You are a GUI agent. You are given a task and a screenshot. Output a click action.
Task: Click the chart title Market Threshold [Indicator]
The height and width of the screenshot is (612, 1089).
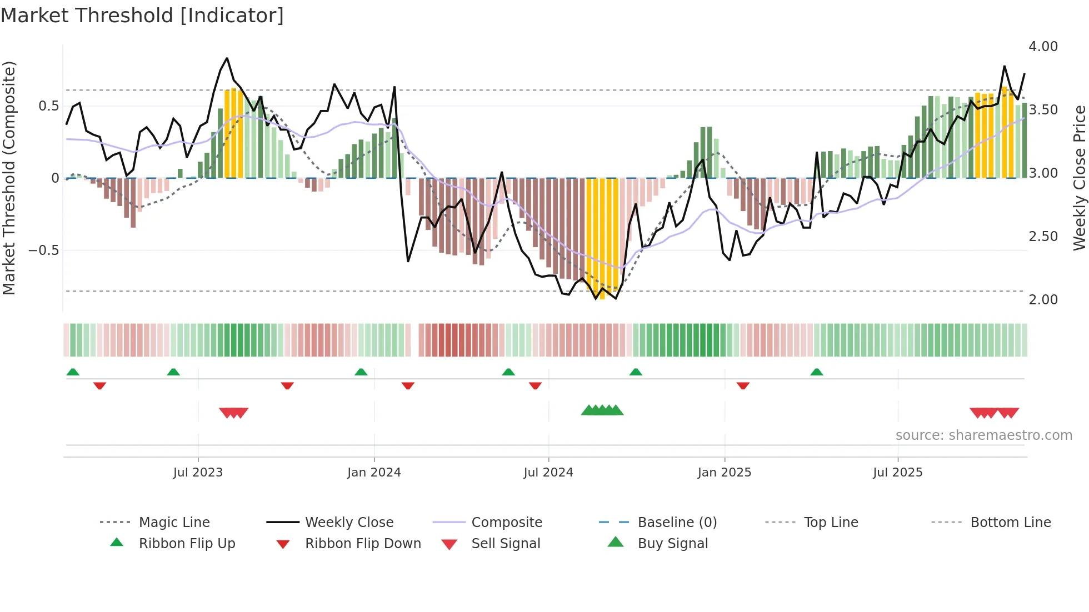point(142,16)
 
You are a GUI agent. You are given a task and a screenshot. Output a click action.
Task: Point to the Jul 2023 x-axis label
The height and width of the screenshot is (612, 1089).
point(198,473)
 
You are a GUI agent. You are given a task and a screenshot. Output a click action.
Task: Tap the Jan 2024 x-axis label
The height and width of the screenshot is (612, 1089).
point(374,473)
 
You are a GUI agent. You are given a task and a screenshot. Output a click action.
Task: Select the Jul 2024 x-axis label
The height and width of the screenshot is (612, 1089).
point(548,473)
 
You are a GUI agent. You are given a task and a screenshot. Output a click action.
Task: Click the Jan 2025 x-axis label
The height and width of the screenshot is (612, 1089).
point(725,473)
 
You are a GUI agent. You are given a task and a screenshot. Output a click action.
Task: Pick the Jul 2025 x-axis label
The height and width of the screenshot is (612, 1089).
point(898,473)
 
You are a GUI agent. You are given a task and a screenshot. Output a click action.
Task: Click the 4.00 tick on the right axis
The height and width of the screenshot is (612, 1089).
point(1043,47)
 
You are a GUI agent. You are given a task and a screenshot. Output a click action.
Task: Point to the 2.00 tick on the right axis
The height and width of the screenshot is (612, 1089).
point(1043,300)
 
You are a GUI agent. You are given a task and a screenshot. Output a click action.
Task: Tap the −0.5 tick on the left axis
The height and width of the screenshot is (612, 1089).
point(44,250)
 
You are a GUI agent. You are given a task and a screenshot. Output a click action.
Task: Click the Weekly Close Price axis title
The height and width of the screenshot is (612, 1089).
point(1079,178)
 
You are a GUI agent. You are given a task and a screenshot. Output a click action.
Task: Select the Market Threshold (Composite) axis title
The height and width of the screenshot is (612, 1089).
point(9,178)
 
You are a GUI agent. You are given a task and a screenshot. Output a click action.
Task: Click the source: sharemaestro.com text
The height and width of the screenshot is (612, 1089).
point(983,435)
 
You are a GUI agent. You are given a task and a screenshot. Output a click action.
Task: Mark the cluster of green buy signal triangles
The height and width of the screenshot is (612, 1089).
point(602,410)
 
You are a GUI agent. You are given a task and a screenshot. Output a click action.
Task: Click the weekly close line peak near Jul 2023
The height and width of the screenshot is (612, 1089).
point(227,58)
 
